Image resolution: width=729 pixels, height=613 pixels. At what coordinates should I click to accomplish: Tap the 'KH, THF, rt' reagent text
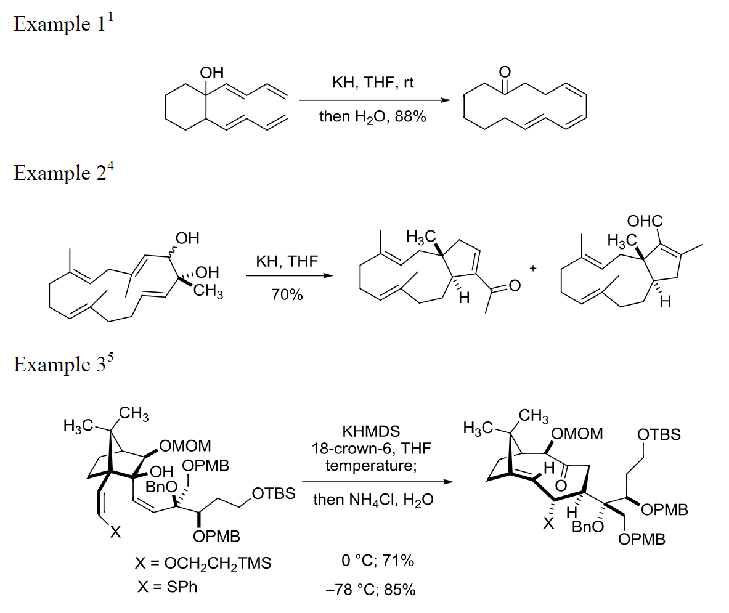coord(373,83)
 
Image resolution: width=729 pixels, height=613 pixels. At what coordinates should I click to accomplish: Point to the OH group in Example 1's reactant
coord(212,73)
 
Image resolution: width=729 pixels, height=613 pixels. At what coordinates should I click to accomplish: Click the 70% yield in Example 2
coord(287,295)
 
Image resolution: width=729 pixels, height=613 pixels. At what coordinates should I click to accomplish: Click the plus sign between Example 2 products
coord(533,269)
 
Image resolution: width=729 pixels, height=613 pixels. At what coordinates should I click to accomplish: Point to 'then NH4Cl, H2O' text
coord(373,500)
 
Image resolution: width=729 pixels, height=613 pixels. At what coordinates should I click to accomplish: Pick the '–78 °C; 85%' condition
coord(370,590)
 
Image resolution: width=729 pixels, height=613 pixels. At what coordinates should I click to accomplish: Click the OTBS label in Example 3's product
coord(659,435)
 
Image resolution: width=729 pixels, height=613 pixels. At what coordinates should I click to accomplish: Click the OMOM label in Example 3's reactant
coord(185,445)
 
